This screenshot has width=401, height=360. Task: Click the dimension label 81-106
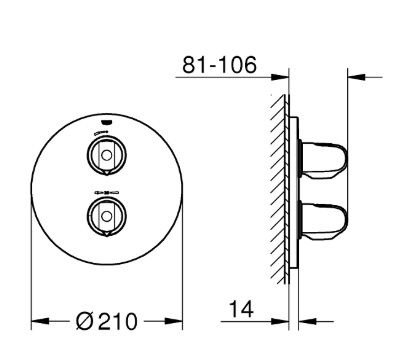pos(219,65)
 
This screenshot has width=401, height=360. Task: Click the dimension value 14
pos(242,309)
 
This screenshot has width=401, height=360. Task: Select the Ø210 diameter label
pos(106,321)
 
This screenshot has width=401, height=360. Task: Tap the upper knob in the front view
pos(107,155)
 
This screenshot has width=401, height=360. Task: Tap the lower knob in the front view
pos(107,216)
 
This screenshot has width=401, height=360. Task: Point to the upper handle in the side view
pos(324,159)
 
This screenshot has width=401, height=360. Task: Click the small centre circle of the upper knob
pos(107,155)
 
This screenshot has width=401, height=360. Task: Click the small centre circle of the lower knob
pos(107,216)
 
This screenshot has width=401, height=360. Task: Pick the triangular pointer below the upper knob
pos(107,172)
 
